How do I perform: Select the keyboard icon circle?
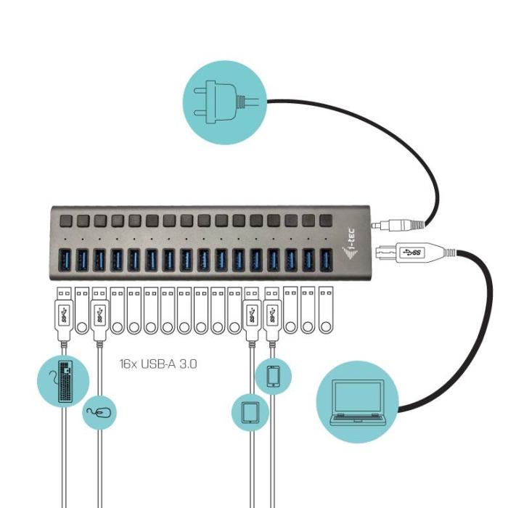tap(63, 380)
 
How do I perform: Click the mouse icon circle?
tap(99, 413)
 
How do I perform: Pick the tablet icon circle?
tap(250, 411)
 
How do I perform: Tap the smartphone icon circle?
tap(274, 376)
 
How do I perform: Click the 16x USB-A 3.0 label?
tap(158, 363)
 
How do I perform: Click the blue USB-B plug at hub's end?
tap(410, 253)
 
